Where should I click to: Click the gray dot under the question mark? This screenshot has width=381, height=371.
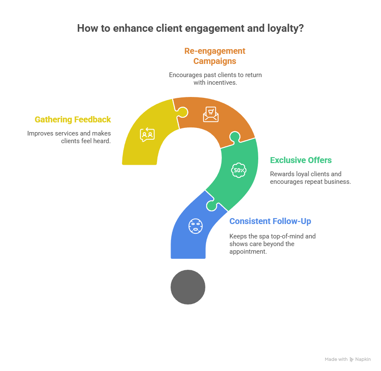pos(188,287)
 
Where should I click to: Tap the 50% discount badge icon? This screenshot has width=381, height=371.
pos(238,170)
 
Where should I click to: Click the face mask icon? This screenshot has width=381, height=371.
pos(195,225)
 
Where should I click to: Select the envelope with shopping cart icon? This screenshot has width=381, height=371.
pos(210,114)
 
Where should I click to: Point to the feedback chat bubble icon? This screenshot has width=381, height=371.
pos(147,135)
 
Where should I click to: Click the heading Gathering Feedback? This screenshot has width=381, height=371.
pos(73,120)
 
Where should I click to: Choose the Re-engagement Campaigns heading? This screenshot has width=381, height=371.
pos(215,56)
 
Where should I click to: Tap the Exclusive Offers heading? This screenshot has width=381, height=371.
pos(301,160)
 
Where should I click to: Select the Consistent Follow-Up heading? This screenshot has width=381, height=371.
pos(270,221)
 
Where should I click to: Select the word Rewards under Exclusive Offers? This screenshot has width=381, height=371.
pos(282,174)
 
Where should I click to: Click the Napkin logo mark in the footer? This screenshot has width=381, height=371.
pos(351,359)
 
